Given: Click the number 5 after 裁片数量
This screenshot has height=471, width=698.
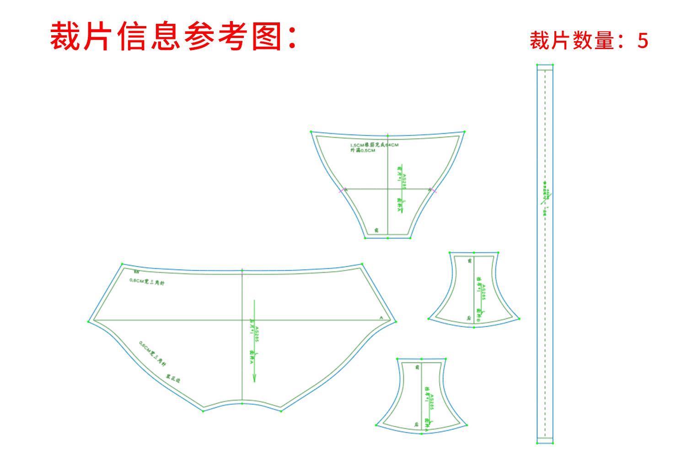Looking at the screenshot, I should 643,41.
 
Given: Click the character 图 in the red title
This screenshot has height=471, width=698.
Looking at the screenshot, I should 267,37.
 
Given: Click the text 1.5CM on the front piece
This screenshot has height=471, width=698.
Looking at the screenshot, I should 357,145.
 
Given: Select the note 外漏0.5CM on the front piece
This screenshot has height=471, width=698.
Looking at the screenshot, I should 363,151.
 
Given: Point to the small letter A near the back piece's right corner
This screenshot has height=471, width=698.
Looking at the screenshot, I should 381,317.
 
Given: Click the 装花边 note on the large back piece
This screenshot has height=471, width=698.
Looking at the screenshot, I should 173,379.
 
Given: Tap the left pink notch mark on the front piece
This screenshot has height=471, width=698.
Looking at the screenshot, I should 341,190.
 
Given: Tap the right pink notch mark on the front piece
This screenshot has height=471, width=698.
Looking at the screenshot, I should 434,190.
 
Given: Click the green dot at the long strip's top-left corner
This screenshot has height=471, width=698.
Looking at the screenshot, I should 537,65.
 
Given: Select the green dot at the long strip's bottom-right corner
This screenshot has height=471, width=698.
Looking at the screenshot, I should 553,443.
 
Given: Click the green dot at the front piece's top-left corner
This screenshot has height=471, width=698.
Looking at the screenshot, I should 311,132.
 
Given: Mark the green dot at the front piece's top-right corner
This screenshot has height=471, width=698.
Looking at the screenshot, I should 464,132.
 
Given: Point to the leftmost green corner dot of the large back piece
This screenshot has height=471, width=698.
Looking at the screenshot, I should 88,321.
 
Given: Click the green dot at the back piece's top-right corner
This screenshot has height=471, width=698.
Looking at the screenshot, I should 362,264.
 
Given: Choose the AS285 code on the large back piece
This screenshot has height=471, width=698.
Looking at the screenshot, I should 257,335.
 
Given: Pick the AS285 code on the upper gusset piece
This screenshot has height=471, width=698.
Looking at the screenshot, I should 483,292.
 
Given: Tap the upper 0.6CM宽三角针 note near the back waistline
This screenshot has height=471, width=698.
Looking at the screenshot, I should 147,282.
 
